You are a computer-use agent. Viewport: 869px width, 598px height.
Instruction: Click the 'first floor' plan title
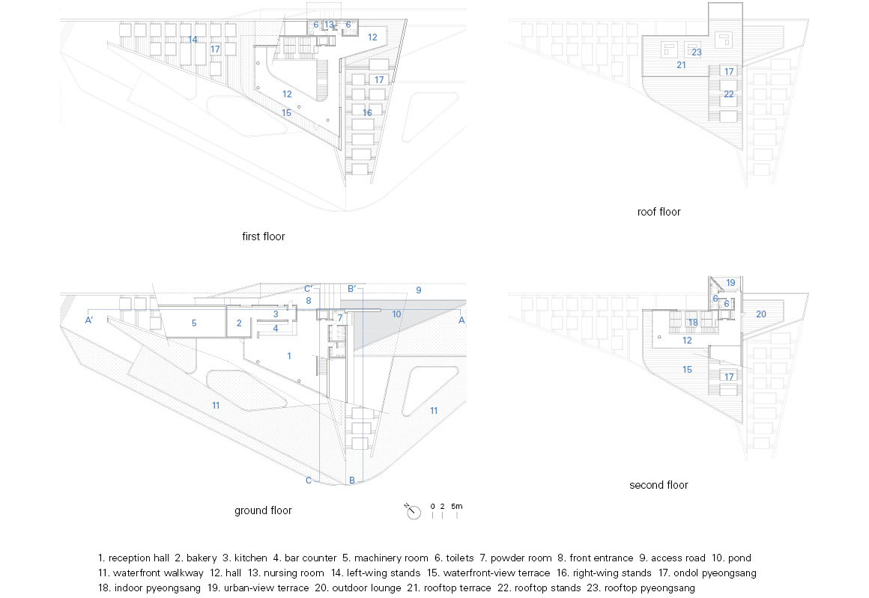coord(263,237)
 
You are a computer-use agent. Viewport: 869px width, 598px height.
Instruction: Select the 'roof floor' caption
coord(658,212)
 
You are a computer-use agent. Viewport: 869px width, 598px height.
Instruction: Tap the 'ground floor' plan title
coord(263,510)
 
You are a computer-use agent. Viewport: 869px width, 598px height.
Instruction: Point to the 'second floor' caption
coord(658,485)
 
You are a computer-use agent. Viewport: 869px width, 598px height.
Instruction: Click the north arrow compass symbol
coord(412,512)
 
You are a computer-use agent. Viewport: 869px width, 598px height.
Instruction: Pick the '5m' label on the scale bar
coord(457,506)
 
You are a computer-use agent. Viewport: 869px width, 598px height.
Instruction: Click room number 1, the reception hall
coord(288,356)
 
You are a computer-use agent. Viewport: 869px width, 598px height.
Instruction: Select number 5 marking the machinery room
coord(194,323)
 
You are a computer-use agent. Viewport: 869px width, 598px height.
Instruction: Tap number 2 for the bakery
coord(239,323)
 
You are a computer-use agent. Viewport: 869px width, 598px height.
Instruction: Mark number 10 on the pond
coord(396,314)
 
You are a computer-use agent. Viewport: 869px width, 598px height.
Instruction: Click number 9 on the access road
coord(419,290)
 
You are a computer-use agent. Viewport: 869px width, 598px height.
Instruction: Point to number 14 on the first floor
coord(193,40)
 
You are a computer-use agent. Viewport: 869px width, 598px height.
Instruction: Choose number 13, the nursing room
coord(329,25)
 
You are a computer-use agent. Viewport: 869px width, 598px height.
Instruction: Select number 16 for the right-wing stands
coord(367,112)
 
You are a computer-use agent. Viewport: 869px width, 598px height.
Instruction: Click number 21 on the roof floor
coord(681,65)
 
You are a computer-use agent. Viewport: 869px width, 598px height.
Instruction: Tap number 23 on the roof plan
coord(697,52)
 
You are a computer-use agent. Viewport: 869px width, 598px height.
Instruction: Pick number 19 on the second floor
coord(730,282)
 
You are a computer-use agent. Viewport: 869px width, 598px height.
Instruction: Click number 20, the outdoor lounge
coord(761,314)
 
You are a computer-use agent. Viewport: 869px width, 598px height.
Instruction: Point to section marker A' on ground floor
coord(88,320)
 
